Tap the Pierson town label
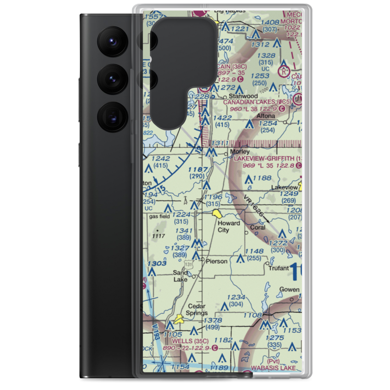(x=216, y=261)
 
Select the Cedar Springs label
(x=197, y=310)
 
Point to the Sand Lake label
(x=180, y=276)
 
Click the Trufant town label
(x=278, y=268)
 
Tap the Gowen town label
(x=289, y=289)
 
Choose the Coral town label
(x=258, y=227)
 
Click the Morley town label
(x=240, y=151)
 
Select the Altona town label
(x=266, y=116)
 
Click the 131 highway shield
(x=189, y=264)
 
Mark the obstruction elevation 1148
(x=254, y=251)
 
